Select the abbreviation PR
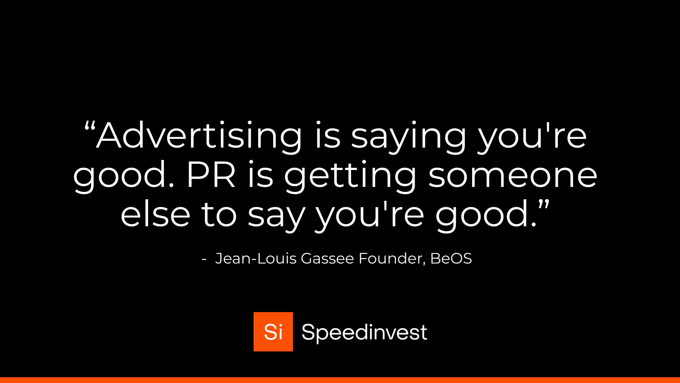click(211, 175)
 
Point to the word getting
click(350, 176)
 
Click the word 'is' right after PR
click(260, 175)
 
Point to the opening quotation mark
click(90, 126)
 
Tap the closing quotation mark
click(544, 205)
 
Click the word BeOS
click(451, 259)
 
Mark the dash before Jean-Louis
click(204, 260)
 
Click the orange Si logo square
click(273, 332)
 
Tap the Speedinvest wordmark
click(364, 332)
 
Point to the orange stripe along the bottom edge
click(340, 380)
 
